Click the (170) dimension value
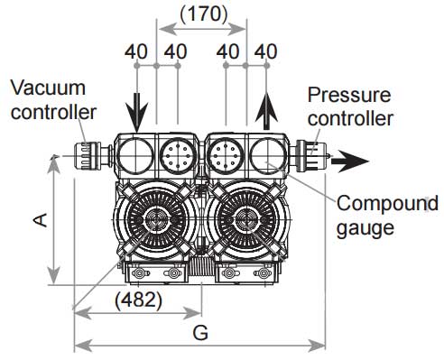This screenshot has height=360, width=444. click(x=204, y=14)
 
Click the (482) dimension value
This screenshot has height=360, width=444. click(x=138, y=300)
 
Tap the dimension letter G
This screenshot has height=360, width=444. click(x=200, y=333)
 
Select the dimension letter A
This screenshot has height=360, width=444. click(x=41, y=220)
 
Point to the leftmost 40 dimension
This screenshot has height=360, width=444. click(x=136, y=51)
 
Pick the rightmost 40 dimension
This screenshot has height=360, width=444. click(x=265, y=51)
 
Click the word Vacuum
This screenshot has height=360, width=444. click(x=48, y=88)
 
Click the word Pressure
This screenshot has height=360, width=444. click(x=349, y=95)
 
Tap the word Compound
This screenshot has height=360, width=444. click(x=387, y=203)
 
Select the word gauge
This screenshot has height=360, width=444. click(x=365, y=228)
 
